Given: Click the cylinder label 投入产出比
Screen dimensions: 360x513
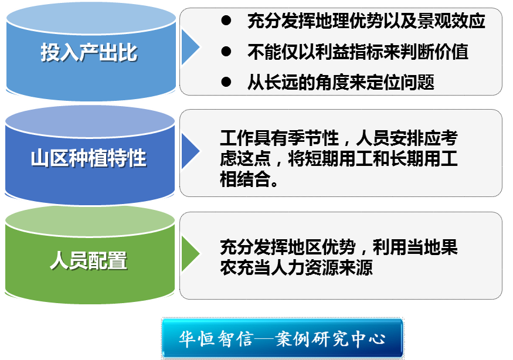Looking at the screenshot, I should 89,53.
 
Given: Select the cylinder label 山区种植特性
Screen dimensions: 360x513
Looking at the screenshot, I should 89,158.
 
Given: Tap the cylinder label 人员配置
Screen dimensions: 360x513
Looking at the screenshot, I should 89,260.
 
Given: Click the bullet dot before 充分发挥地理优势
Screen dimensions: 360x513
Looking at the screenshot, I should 226,22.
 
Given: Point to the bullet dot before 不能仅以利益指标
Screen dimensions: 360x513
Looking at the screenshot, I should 226,52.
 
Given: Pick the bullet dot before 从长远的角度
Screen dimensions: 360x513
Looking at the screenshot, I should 226,82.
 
